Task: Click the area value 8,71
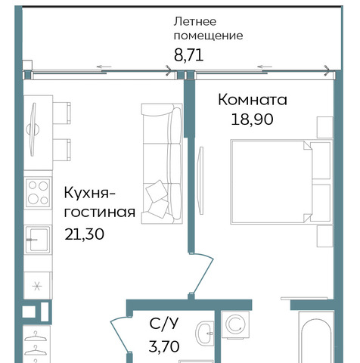[x=188, y=55]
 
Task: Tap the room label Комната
[x=253, y=100]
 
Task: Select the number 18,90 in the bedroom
[x=252, y=119]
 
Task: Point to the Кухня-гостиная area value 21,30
[x=84, y=234]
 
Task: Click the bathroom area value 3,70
[x=164, y=346]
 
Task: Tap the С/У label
[x=164, y=324]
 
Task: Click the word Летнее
[x=195, y=21]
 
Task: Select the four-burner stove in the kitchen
[x=39, y=193]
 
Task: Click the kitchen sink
[x=38, y=239]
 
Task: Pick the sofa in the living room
[x=162, y=163]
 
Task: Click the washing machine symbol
[x=235, y=324]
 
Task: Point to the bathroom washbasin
[x=205, y=334]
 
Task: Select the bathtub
[x=315, y=337]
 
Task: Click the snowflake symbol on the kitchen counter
[x=37, y=286]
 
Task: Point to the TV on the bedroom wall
[x=200, y=181]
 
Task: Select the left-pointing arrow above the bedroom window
[x=265, y=67]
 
